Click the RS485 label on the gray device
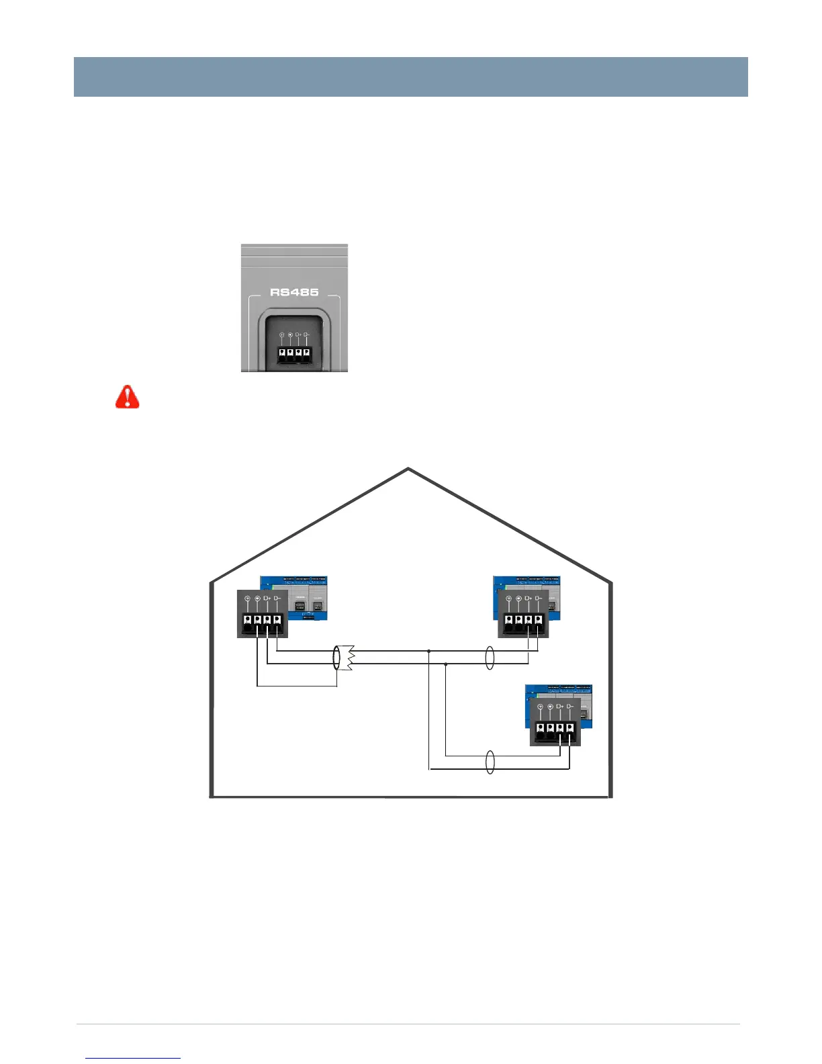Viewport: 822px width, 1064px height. point(294,292)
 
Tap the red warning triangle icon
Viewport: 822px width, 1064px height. point(127,397)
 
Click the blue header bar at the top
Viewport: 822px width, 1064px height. point(410,77)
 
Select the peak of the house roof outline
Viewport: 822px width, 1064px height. point(408,468)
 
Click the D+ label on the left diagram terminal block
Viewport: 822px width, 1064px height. point(267,598)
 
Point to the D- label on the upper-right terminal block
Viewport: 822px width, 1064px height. point(538,598)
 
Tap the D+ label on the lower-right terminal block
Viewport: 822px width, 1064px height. point(559,707)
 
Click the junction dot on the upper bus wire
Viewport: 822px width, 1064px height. point(428,651)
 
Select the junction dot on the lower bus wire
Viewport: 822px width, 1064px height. point(445,664)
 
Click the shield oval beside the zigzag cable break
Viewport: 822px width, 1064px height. point(337,658)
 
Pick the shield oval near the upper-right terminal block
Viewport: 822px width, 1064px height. point(490,658)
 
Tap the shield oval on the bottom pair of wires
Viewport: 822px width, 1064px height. point(490,762)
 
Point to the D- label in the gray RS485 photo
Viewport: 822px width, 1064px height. point(306,335)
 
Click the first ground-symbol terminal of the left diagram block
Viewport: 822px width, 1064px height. point(248,619)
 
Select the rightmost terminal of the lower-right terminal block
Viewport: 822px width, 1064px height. point(569,728)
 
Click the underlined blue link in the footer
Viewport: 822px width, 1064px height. point(133,1058)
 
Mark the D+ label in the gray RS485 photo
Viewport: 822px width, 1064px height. point(298,335)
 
